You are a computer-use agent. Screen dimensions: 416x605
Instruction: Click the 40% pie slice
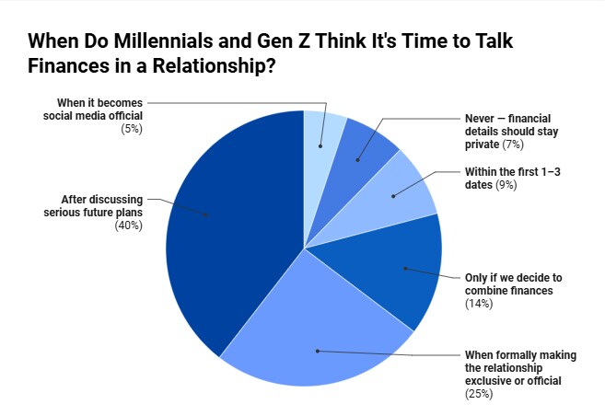click(230, 230)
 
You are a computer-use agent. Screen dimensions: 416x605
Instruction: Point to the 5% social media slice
click(322, 138)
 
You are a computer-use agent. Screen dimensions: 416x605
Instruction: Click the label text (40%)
click(128, 225)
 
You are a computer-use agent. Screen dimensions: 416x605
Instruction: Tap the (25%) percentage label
click(479, 394)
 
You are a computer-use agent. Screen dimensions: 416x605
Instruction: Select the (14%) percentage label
click(479, 304)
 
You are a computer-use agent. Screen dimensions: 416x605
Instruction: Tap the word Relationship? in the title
click(218, 66)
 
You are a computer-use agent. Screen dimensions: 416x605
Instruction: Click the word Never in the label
click(481, 120)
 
